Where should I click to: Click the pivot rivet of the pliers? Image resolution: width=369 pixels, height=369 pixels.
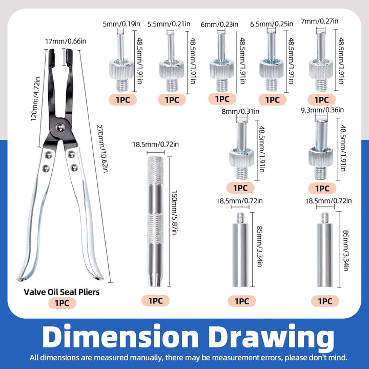pos(60,127)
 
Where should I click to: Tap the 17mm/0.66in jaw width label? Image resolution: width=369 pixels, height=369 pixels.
pos(66,42)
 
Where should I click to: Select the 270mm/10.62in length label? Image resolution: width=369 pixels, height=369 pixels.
pos(102,149)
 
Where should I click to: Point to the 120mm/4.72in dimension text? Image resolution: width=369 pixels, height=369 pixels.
pos(35,99)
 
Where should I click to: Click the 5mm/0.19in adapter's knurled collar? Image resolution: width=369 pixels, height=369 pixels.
pos(121,69)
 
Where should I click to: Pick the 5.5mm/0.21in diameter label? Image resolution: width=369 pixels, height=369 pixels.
pos(169,24)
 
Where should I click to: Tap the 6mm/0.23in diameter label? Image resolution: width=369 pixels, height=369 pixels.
pos(219,24)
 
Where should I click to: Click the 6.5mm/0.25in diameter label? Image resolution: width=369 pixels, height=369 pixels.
pos(272,24)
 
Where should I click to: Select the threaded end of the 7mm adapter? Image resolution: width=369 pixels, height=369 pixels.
pos(321,86)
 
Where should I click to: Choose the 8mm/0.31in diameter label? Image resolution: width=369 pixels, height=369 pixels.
pos(240,111)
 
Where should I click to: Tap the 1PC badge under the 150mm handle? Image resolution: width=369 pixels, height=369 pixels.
pos(155,300)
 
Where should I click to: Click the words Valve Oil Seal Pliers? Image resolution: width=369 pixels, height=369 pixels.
pos(61,292)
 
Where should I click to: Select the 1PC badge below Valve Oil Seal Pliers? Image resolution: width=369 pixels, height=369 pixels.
pos(63,303)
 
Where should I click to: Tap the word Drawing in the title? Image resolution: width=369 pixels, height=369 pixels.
pos(271,337)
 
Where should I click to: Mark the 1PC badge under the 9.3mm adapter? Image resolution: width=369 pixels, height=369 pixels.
pos(322,188)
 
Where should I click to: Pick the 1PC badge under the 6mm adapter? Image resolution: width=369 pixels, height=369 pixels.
pos(222,99)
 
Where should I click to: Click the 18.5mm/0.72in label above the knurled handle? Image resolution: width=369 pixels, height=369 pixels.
pos(155,144)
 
